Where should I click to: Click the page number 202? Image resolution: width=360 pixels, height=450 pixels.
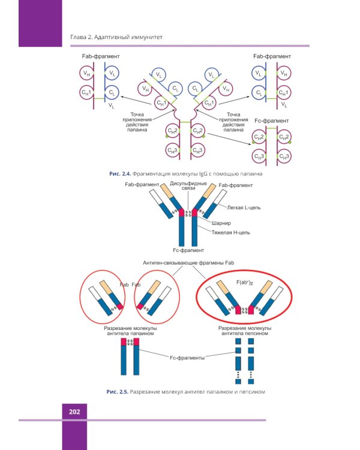(x=75, y=412)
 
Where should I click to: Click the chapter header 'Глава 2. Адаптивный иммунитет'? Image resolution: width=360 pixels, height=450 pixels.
(x=113, y=39)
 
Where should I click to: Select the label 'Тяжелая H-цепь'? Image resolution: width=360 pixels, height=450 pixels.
(x=230, y=230)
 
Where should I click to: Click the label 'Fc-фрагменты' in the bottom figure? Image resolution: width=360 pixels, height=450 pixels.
(x=187, y=358)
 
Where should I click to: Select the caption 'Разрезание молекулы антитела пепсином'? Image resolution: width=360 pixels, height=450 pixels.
(x=244, y=331)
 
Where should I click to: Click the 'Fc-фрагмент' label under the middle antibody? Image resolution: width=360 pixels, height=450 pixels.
(x=188, y=250)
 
